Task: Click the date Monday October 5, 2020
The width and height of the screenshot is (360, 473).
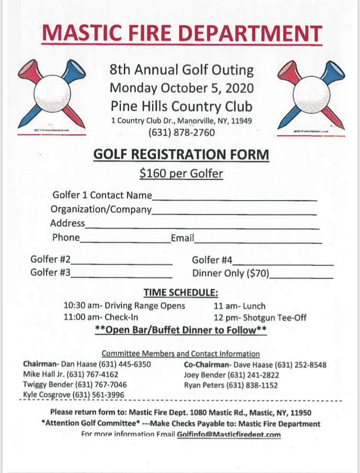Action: [x=181, y=88]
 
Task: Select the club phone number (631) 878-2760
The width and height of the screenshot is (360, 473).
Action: [x=181, y=132]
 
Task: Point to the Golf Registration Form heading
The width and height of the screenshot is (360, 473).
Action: [x=181, y=155]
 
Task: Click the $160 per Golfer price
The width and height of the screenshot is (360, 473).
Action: [x=181, y=173]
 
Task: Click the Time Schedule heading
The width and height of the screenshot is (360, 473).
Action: [x=181, y=292]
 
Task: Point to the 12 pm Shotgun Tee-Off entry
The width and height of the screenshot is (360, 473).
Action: [x=260, y=317]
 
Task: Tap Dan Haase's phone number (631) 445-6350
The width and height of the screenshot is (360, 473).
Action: [x=127, y=364]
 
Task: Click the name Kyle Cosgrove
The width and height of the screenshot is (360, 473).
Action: [x=47, y=395]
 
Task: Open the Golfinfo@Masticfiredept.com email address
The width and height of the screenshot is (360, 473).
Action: [x=229, y=435]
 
